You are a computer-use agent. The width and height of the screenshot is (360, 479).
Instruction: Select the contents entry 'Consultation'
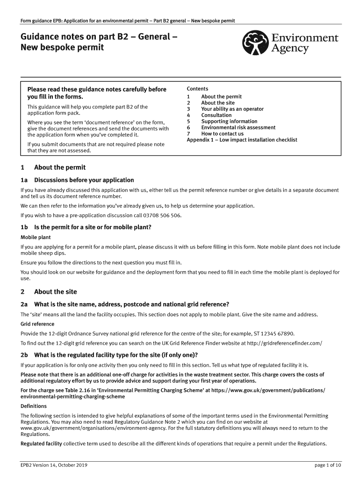[216, 115]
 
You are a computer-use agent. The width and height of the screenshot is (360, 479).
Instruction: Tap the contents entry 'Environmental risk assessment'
[238, 127]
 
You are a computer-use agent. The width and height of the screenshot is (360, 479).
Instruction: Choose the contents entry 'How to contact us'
[222, 134]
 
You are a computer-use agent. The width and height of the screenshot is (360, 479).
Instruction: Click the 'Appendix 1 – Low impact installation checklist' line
[242, 140]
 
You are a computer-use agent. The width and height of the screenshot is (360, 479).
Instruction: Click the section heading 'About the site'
[55, 292]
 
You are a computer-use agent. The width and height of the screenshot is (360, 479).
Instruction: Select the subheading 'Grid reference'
[37, 324]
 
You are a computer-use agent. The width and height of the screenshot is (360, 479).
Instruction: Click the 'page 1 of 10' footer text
[328, 465]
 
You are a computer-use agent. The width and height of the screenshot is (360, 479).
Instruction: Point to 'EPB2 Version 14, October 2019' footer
[54, 465]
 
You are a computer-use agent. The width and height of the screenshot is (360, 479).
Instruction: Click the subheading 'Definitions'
[34, 406]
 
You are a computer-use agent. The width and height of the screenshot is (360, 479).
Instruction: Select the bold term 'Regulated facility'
[41, 444]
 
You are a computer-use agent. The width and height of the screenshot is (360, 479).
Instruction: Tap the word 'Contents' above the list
[197, 89]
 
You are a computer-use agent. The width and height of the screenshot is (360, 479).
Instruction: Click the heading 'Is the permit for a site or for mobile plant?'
[93, 227]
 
